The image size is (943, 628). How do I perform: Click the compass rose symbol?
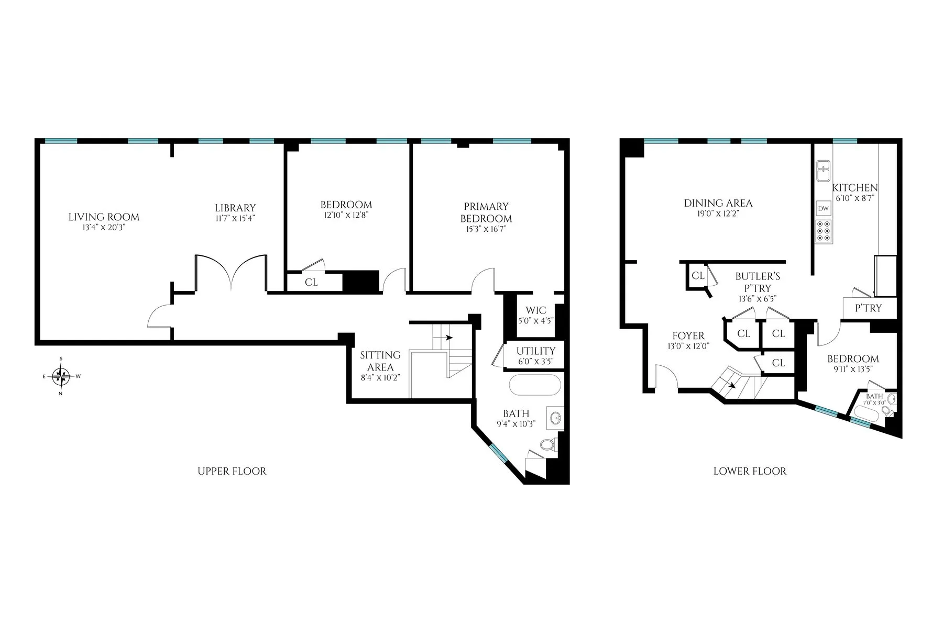62,376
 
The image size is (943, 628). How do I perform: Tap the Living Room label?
104,217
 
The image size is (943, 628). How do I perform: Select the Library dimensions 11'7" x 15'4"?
235,218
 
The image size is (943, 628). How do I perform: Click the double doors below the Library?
231,273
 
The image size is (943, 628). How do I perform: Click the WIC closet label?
535,310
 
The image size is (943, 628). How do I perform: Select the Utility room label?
535,351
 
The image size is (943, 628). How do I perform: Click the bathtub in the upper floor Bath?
534,385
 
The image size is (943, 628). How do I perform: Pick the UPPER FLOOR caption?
232,471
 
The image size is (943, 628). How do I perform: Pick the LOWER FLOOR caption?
750,471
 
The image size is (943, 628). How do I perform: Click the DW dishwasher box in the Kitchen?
824,208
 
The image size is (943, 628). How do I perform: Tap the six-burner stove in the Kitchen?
824,231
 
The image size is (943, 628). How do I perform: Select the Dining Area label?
718,203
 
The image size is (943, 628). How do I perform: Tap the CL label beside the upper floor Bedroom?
311,282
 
